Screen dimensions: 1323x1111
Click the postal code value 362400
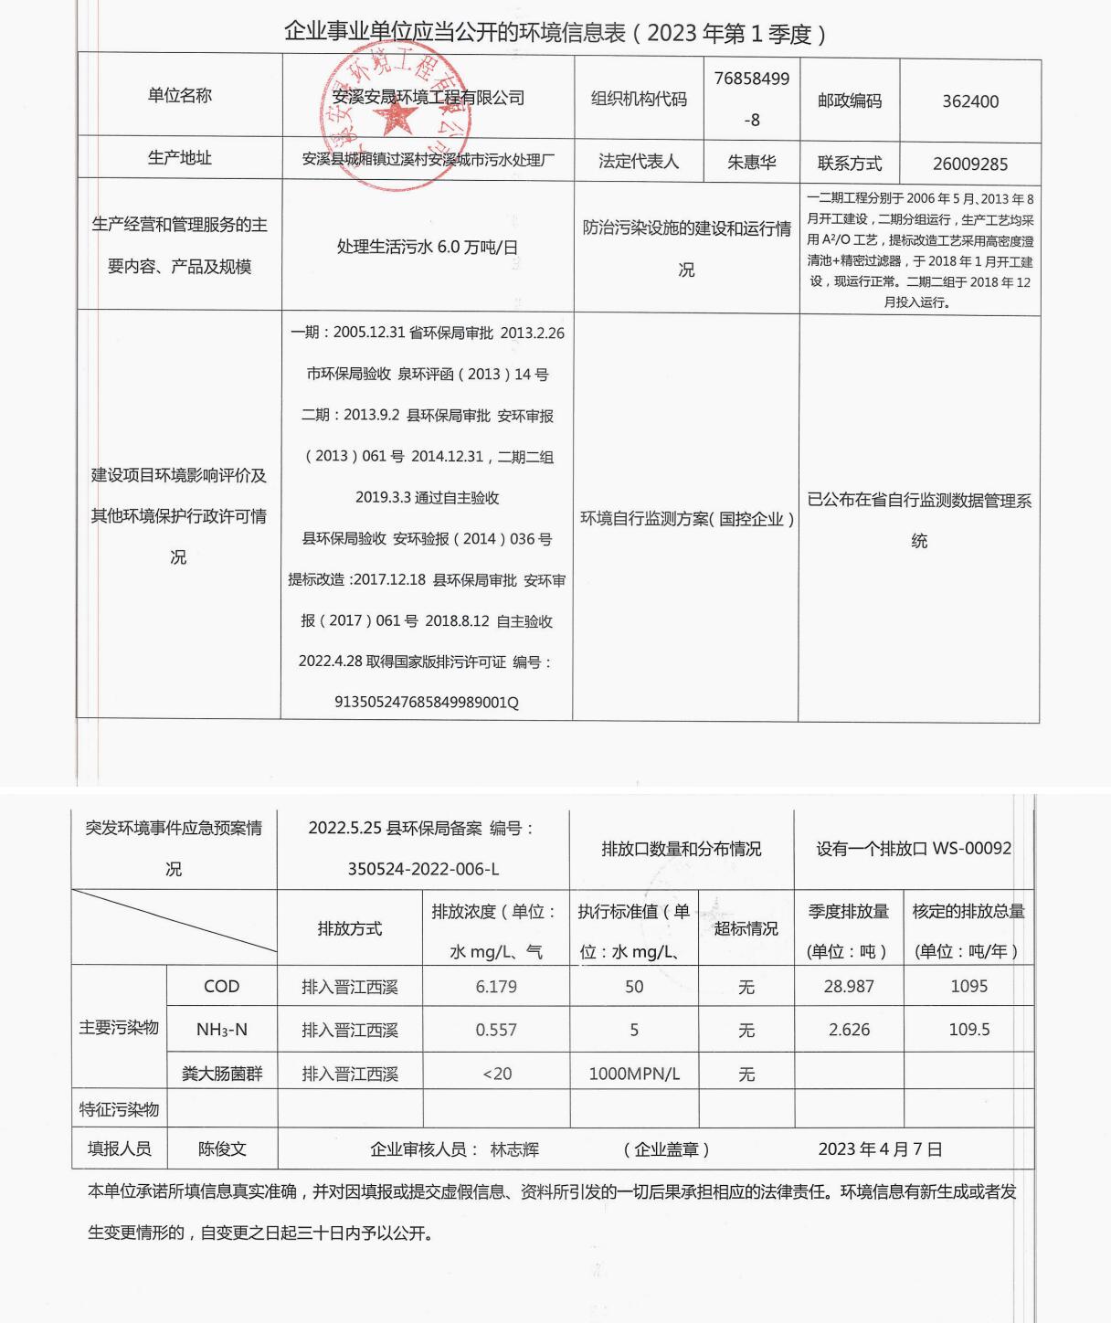(x=970, y=101)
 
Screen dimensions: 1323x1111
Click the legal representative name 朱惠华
(x=751, y=163)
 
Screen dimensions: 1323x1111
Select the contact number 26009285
(x=970, y=164)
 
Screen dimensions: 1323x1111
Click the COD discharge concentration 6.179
(x=496, y=987)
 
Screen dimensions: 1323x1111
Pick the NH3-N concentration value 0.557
(x=496, y=1030)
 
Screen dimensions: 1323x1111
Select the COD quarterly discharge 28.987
(x=849, y=987)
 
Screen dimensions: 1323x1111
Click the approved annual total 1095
(x=968, y=987)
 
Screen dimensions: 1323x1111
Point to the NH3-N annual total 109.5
(x=968, y=1030)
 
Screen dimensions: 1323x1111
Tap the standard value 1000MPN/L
(x=634, y=1074)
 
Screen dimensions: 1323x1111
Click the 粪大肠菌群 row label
(x=222, y=1074)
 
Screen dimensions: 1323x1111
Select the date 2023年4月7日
(x=880, y=1149)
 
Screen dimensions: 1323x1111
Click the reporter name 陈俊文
(x=222, y=1149)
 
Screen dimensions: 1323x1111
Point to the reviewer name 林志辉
(x=514, y=1149)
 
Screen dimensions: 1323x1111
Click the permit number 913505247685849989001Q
(x=427, y=703)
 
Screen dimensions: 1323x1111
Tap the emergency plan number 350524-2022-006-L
(x=423, y=869)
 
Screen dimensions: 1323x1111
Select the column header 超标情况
(x=746, y=928)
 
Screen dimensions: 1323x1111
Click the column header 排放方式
(x=350, y=928)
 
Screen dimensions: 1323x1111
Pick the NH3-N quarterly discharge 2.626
(x=849, y=1030)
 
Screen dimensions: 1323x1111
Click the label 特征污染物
(x=119, y=1109)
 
